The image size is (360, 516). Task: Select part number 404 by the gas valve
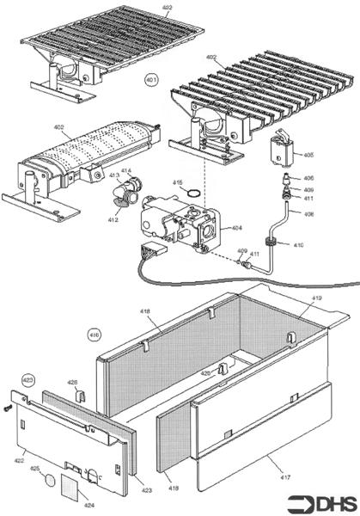pyautogui.click(x=236, y=229)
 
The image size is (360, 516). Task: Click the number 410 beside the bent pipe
pyautogui.click(x=298, y=246)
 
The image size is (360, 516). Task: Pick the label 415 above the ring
pyautogui.click(x=178, y=182)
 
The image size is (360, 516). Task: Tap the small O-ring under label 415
pyautogui.click(x=195, y=193)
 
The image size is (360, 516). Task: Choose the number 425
pyautogui.click(x=35, y=469)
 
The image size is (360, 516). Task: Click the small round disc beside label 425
pyautogui.click(x=49, y=478)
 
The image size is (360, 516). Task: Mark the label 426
pyautogui.click(x=72, y=382)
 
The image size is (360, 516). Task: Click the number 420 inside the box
pyautogui.click(x=205, y=373)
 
